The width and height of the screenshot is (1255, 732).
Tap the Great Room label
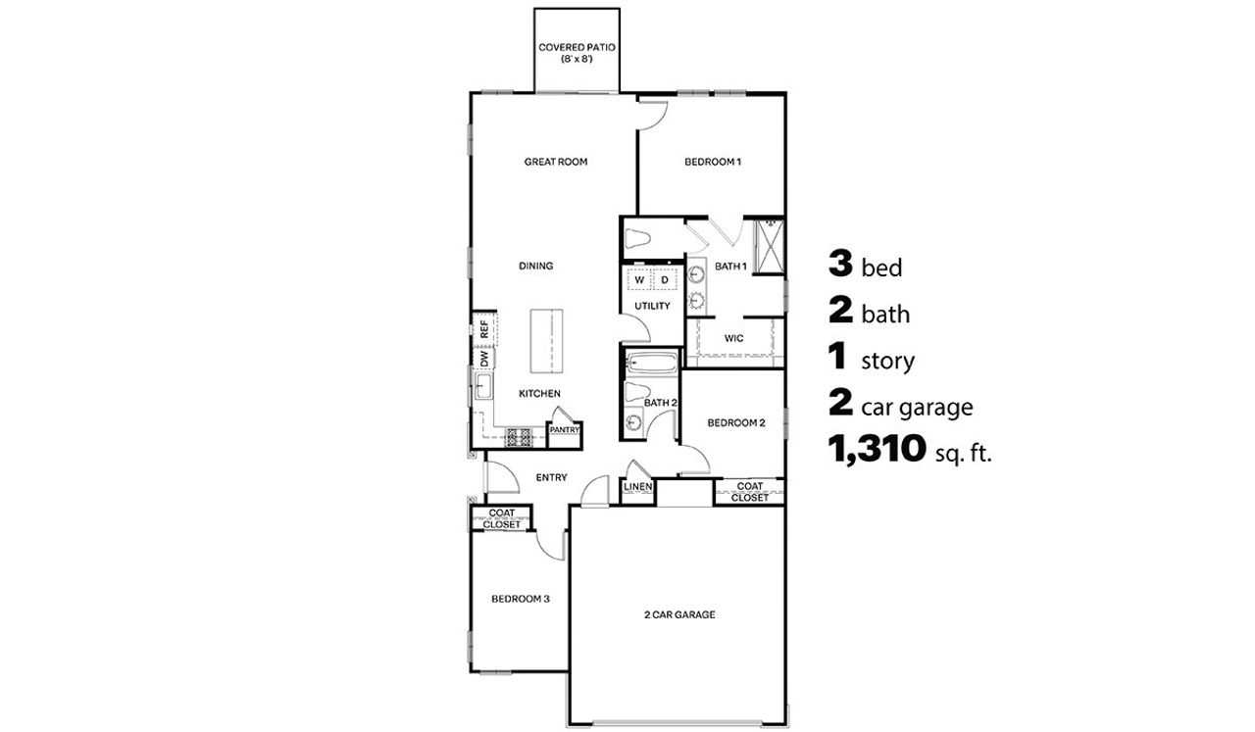[555, 162]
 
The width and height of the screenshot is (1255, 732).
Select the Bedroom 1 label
[712, 162]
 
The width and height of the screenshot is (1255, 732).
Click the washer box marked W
[639, 280]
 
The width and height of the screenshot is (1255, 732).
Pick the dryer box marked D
[664, 280]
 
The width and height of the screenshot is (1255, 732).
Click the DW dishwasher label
[484, 361]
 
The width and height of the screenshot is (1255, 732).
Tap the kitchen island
[547, 340]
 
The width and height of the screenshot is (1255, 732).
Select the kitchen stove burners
[518, 435]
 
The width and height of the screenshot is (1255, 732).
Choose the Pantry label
[564, 429]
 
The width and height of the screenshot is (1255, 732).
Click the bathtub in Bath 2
[651, 365]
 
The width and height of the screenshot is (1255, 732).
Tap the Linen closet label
[638, 487]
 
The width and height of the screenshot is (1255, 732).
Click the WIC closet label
[733, 338]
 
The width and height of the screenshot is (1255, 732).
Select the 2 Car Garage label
[678, 615]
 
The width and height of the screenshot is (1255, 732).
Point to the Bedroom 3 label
[520, 598]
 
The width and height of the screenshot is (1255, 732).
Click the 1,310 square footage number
[877, 450]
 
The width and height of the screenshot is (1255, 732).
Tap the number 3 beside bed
[840, 264]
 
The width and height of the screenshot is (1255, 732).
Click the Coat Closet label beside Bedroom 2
[750, 491]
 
